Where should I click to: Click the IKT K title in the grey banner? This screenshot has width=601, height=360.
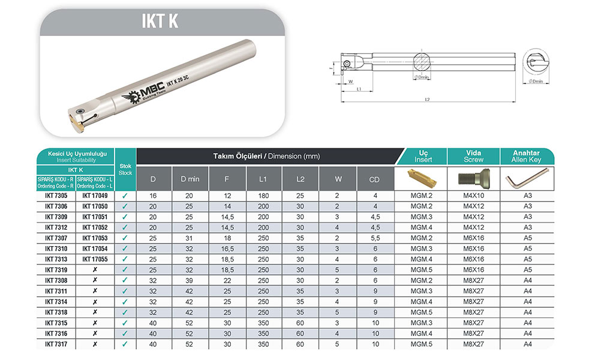(x=160, y=21)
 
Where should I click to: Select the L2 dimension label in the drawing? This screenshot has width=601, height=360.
(x=428, y=99)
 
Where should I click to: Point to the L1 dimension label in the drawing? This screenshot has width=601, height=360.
(x=359, y=89)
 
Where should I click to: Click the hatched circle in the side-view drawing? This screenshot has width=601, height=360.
(x=422, y=62)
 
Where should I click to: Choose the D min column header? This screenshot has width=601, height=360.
(x=190, y=179)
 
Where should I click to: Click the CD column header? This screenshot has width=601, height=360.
(x=374, y=179)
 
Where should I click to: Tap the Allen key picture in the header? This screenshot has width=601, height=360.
(x=527, y=179)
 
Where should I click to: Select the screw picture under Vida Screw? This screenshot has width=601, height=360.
(x=474, y=178)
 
